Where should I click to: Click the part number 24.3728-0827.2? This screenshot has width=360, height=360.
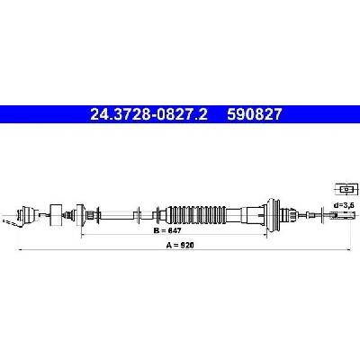pyautogui.click(x=148, y=114)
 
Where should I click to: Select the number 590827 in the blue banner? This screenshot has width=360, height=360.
pyautogui.click(x=255, y=114)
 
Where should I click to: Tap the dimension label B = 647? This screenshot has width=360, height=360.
pyautogui.click(x=167, y=230)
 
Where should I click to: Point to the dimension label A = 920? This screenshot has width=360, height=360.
pyautogui.click(x=180, y=245)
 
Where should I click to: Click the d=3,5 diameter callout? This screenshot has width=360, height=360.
pyautogui.click(x=344, y=205)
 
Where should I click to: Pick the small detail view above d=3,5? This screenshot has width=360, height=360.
pyautogui.click(x=346, y=190)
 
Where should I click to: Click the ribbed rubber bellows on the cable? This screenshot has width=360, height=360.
pyautogui.click(x=195, y=215)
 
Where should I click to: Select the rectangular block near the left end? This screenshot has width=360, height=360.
pyautogui.click(x=56, y=215)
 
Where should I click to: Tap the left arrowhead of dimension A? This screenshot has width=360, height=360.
pyautogui.click(x=21, y=249)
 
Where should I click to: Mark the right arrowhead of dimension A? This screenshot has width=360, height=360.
pyautogui.click(x=348, y=249)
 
